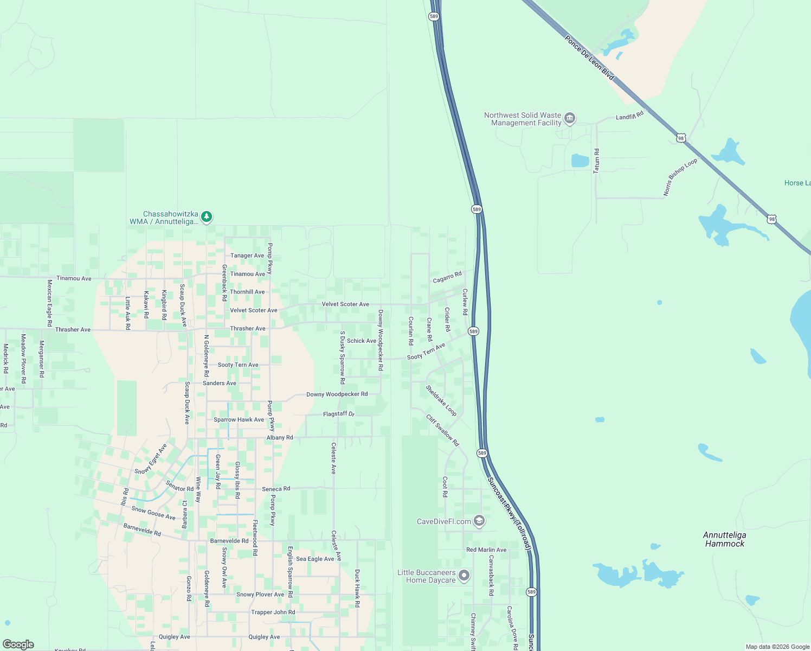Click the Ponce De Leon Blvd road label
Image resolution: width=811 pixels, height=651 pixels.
point(589,59)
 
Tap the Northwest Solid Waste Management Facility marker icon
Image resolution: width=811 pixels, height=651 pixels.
point(569,118)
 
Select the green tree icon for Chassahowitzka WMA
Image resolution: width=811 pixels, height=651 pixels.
point(207,217)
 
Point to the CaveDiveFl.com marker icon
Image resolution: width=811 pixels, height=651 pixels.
point(479,521)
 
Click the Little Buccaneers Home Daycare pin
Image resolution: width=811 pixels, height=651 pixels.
point(464,576)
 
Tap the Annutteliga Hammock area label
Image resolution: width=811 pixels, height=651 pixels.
point(724,539)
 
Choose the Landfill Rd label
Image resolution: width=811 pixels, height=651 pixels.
point(629,116)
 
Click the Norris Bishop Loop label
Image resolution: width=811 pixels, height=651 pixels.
point(680,177)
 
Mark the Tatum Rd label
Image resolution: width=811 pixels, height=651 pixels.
point(597,161)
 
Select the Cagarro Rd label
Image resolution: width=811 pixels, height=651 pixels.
point(447,277)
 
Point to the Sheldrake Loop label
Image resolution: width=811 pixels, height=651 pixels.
point(441,400)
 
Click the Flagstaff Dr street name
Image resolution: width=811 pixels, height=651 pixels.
point(338,414)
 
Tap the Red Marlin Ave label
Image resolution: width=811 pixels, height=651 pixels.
point(486,550)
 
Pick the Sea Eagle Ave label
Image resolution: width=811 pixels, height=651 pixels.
point(315,559)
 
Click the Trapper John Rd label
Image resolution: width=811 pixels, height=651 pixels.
point(273,612)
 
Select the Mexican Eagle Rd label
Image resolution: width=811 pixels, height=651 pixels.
point(49,303)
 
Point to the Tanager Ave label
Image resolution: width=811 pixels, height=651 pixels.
point(247,256)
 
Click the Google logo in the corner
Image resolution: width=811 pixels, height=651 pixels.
point(18,644)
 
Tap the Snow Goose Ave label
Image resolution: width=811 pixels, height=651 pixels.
point(153,513)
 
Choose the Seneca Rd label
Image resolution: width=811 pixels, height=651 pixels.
point(276,489)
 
